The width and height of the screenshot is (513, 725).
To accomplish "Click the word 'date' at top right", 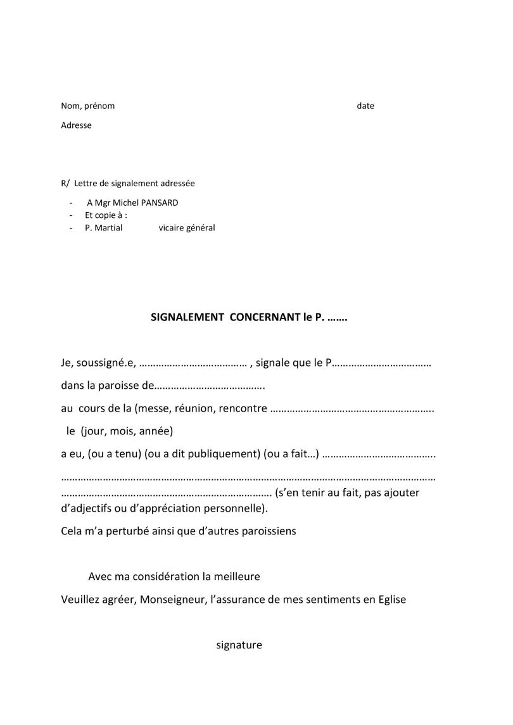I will [x=365, y=106].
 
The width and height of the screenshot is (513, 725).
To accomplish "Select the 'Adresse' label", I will [x=76, y=125].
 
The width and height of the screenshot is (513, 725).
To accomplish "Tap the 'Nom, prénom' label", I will [x=88, y=106].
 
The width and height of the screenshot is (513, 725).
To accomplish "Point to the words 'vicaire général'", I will [x=187, y=228].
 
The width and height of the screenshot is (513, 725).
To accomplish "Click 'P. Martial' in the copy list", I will [x=103, y=228].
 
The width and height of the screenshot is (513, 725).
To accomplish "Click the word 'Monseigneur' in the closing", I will [x=173, y=600].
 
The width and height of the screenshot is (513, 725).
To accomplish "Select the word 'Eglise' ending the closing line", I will [x=390, y=600].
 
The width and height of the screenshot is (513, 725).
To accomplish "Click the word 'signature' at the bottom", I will [x=239, y=645].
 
